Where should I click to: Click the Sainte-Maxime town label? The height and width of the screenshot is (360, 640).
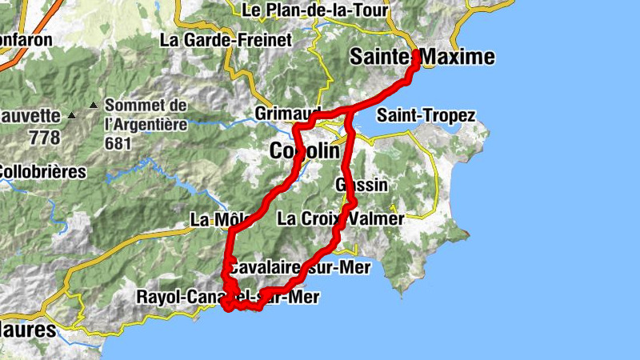tap(422, 57)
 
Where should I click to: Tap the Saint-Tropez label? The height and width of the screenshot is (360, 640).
tap(426, 116)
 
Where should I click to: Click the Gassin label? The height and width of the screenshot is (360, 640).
tap(362, 185)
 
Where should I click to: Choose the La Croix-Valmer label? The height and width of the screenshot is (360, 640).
tap(340, 218)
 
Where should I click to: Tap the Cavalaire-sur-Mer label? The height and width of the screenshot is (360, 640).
tap(299, 267)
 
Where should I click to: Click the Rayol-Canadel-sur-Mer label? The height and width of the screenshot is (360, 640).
tap(228, 298)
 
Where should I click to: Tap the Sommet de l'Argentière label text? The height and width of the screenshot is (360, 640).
tap(146, 114)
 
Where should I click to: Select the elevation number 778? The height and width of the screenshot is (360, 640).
tap(44, 138)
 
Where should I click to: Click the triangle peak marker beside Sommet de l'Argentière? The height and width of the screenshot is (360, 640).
tap(94, 105)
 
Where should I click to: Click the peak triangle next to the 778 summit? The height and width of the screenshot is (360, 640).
tap(71, 116)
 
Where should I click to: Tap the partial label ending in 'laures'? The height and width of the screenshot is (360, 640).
tap(28, 330)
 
